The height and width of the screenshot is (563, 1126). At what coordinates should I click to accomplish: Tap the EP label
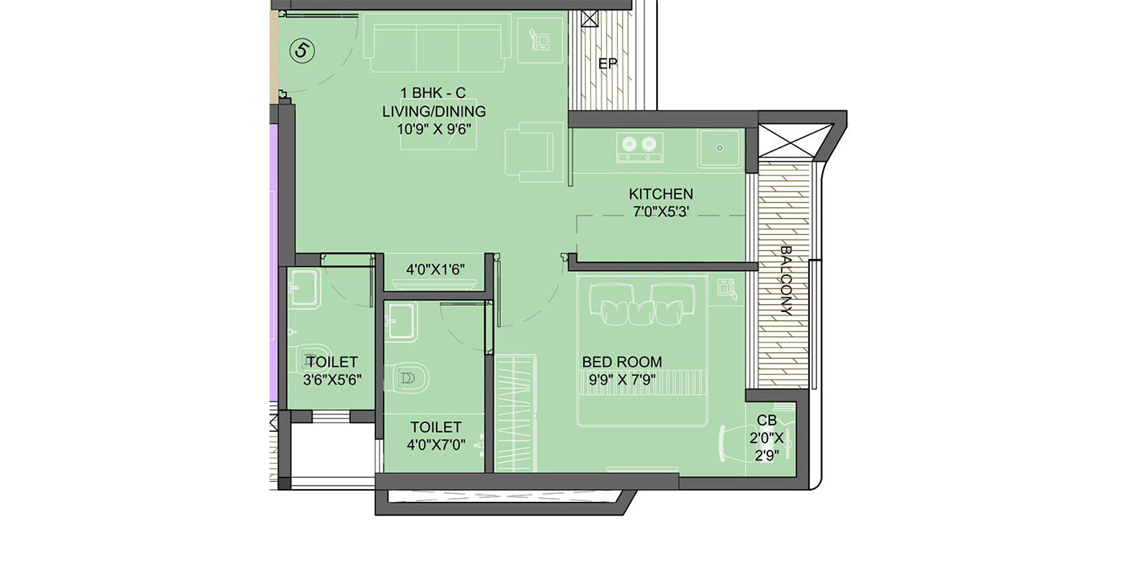(607, 64)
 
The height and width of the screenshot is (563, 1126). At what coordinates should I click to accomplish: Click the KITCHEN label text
(660, 194)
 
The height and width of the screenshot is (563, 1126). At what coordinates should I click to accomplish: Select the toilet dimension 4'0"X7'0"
(435, 445)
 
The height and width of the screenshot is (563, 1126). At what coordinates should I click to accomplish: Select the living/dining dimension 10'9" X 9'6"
(435, 128)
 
